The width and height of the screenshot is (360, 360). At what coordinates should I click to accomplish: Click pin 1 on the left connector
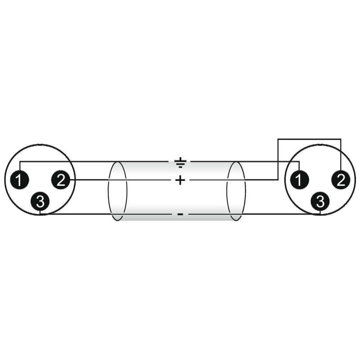19,180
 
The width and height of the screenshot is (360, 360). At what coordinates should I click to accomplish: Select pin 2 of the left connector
61,180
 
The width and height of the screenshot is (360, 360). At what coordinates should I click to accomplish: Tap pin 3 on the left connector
40,202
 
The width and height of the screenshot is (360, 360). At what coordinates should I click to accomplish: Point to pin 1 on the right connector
299,180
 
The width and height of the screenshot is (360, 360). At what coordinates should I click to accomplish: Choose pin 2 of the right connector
341,180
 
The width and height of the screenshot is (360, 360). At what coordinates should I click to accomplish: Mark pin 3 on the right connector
320,202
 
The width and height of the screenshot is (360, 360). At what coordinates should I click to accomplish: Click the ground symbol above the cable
180,162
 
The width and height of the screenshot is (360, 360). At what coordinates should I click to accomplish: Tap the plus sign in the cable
180,180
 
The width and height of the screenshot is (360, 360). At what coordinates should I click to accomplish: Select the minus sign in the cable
180,215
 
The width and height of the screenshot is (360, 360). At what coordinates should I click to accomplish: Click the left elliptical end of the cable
117,191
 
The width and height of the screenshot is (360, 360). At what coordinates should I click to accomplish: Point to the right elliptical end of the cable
236,191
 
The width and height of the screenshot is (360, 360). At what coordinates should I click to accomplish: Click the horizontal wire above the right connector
310,139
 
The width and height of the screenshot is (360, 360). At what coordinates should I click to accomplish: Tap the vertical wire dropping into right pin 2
341,154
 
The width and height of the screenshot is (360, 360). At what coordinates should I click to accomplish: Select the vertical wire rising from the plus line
278,159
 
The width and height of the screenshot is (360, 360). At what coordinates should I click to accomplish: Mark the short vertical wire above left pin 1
20,166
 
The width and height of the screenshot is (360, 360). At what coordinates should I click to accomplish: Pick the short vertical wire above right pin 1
299,166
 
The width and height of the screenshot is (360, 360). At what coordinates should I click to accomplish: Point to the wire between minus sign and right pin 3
254,215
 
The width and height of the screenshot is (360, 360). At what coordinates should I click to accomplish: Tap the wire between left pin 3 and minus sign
106,215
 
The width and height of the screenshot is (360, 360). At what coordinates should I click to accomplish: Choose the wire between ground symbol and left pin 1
94,162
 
